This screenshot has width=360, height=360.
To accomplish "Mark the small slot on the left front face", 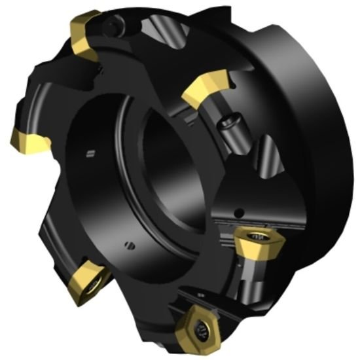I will pyautogui.click(x=90, y=154).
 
